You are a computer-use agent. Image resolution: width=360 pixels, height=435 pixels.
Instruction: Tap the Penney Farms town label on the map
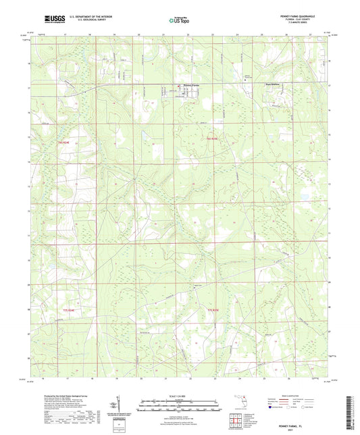193,85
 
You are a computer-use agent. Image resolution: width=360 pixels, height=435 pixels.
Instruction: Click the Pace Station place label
272,85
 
